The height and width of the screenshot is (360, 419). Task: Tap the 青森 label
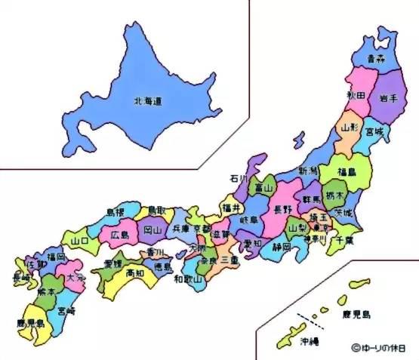376,57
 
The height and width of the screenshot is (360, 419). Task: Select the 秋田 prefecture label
356,95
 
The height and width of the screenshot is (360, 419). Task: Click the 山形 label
351,128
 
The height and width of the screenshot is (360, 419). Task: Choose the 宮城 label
374,133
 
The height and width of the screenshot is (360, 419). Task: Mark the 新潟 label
308,171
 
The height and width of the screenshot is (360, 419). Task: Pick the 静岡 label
282,245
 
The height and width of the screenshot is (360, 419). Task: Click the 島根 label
116,212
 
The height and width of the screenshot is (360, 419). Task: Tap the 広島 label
120,234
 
